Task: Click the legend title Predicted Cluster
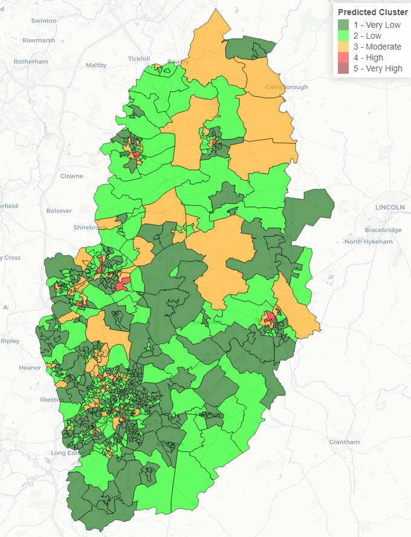pos(372,12)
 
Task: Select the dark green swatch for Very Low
pos(343,25)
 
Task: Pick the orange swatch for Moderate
pos(343,47)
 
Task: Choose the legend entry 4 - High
pos(368,57)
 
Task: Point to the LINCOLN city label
pos(390,207)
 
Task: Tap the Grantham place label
pos(345,442)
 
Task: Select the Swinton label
pos(44,21)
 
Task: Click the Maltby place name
pos(96,65)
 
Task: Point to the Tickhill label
pos(138,59)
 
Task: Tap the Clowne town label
pos(71,176)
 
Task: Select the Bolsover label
pos(59,211)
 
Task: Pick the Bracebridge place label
pos(383,230)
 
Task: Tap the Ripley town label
pos(10,341)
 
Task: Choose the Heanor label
pos(30,368)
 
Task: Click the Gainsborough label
pos(286,87)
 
